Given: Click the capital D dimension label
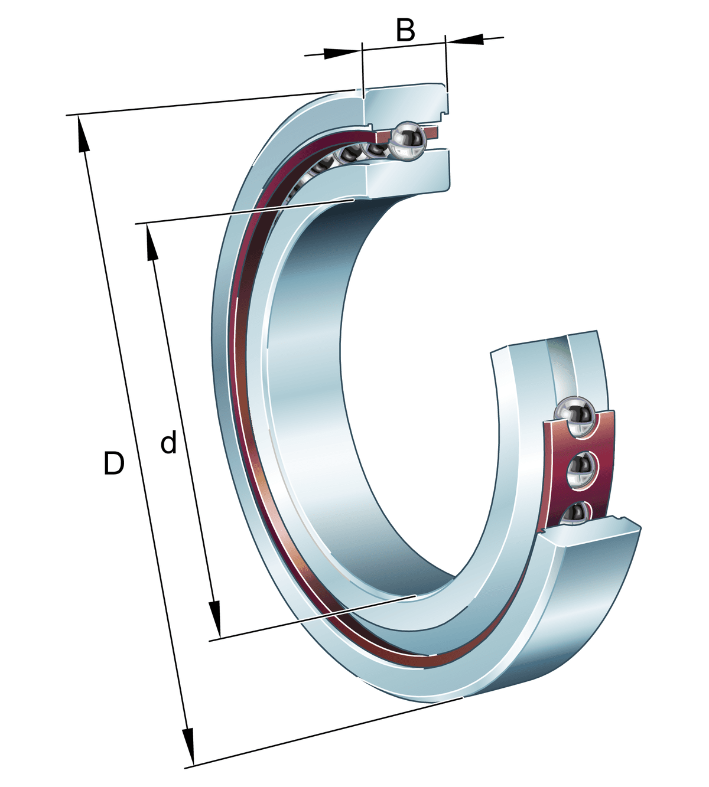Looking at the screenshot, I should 113,463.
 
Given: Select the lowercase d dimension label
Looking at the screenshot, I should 169,443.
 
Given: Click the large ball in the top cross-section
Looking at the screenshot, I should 407,141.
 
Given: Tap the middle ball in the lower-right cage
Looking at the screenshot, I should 582,469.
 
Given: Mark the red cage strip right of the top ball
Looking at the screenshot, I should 432,132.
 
